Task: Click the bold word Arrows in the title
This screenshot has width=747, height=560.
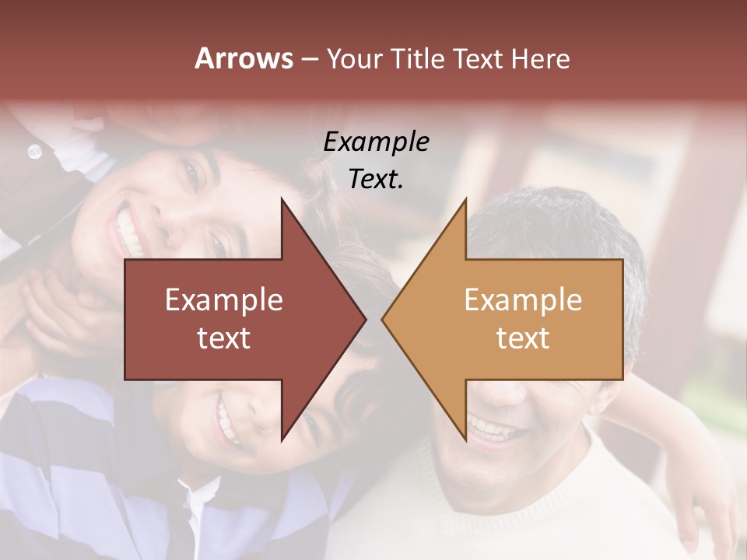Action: pyautogui.click(x=244, y=58)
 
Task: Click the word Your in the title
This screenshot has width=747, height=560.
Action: pyautogui.click(x=354, y=59)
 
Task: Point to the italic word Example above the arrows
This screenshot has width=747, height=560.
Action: pyautogui.click(x=376, y=142)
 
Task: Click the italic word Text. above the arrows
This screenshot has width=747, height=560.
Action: pyautogui.click(x=376, y=180)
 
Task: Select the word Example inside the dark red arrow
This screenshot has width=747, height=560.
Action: pyautogui.click(x=224, y=300)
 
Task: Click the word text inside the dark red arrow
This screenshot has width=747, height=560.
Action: pyautogui.click(x=224, y=338)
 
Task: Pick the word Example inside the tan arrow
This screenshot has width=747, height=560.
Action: pyautogui.click(x=523, y=300)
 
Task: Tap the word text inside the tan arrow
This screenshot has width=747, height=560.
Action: pyautogui.click(x=523, y=338)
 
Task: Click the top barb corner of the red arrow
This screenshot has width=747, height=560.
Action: pyautogui.click(x=282, y=199)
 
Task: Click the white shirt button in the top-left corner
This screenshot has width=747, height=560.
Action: pyautogui.click(x=34, y=151)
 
